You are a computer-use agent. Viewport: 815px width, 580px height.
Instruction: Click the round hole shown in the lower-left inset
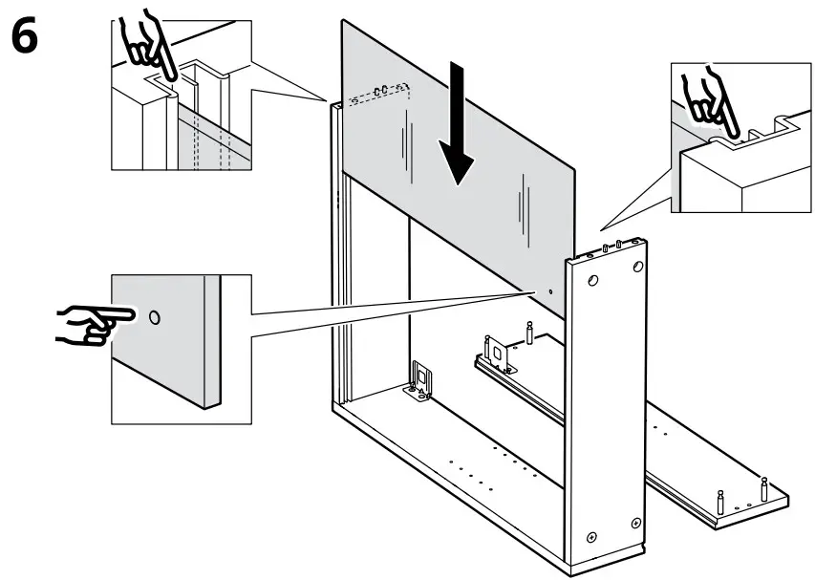click(x=155, y=316)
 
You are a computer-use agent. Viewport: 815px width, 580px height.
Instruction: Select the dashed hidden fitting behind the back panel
click(x=381, y=91)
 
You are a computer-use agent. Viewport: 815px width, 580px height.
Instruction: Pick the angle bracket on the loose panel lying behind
click(x=498, y=354)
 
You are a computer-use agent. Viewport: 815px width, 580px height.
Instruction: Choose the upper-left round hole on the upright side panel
click(x=593, y=282)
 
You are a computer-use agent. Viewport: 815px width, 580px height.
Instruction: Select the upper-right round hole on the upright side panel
click(x=635, y=270)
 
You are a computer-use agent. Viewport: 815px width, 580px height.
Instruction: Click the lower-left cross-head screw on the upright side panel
click(x=592, y=537)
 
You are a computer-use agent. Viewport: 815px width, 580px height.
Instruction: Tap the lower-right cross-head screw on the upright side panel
click(x=635, y=523)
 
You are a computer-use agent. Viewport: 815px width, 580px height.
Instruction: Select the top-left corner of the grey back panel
click(x=343, y=21)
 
